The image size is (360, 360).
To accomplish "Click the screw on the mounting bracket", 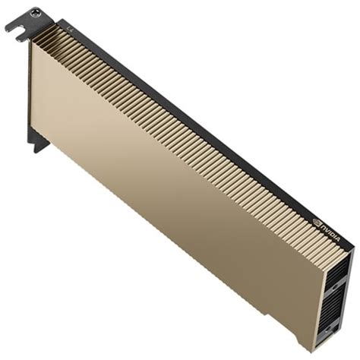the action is pyautogui.click(x=35, y=13).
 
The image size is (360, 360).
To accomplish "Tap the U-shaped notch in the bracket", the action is pyautogui.click(x=22, y=32).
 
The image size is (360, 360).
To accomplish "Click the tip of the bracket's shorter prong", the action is pyautogui.click(x=17, y=39).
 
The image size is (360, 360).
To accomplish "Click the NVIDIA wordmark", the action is pyautogui.click(x=330, y=232).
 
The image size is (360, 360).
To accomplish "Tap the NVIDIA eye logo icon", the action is pyautogui.click(x=317, y=222).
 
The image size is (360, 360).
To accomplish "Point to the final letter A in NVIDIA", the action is pyautogui.click(x=338, y=239).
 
